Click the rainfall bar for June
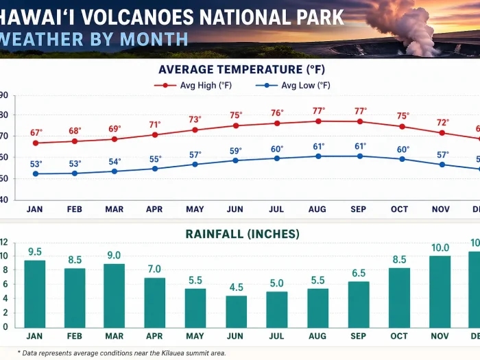click(x=236, y=311)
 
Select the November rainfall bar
click(x=439, y=291)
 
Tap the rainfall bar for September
click(x=358, y=304)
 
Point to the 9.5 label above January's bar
click(x=35, y=252)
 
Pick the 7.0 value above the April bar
click(x=154, y=269)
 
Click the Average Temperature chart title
click(x=241, y=69)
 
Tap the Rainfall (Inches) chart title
click(x=242, y=234)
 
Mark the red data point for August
click(x=318, y=121)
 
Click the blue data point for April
click(x=155, y=169)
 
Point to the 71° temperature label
click(x=155, y=125)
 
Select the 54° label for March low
click(x=115, y=162)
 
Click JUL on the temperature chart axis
click(x=277, y=209)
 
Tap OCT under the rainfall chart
click(x=398, y=336)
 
